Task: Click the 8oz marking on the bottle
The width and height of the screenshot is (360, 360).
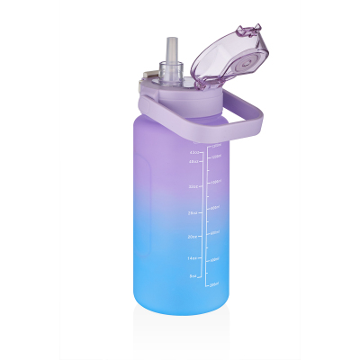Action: (193, 277)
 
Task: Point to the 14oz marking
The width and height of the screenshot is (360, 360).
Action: (193, 257)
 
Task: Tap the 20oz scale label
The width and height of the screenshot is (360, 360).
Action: (193, 237)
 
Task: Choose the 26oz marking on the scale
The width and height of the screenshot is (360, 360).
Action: (193, 213)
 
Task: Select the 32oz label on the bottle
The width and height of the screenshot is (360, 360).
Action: (193, 187)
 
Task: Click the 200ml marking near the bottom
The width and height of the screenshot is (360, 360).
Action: (214, 284)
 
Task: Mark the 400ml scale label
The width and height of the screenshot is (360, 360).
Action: (214, 259)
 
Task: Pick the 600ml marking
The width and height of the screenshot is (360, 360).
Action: (214, 233)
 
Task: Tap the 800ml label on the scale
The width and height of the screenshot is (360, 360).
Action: (214, 208)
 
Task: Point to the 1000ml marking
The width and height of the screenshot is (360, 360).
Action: (214, 182)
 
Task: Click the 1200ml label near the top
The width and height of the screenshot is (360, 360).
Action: (214, 156)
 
